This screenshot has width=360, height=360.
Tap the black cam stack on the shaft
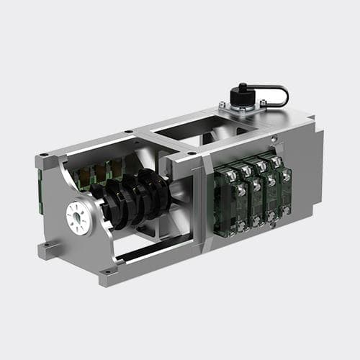[133, 198]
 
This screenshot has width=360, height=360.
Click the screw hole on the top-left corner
[45, 154]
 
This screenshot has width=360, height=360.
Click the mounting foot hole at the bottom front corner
[109, 271]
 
